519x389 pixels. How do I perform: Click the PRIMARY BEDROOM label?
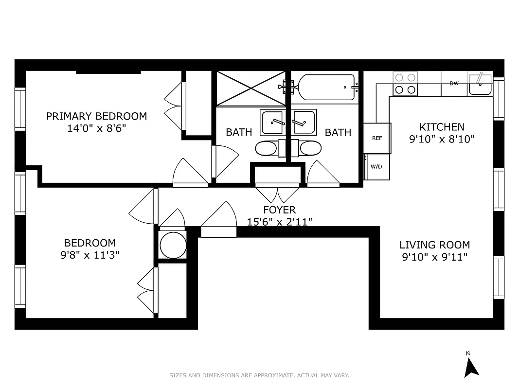click(x=96, y=116)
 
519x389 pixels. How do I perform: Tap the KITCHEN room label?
click(x=442, y=127)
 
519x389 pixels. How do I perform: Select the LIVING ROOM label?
click(x=434, y=245)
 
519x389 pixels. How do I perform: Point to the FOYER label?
click(x=279, y=210)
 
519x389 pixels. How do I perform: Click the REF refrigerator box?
click(x=377, y=138)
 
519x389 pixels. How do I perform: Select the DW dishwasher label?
click(x=454, y=84)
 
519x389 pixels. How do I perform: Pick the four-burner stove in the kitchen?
click(x=405, y=84)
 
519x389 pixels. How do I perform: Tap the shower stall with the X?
click(x=251, y=88)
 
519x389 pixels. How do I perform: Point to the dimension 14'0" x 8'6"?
click(x=96, y=129)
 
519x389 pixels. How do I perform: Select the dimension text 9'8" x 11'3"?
click(x=90, y=255)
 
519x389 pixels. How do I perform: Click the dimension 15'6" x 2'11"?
click(x=279, y=222)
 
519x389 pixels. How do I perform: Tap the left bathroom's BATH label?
click(x=239, y=132)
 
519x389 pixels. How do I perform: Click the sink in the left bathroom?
click(x=274, y=123)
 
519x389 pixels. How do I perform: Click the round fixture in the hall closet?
click(x=173, y=245)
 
